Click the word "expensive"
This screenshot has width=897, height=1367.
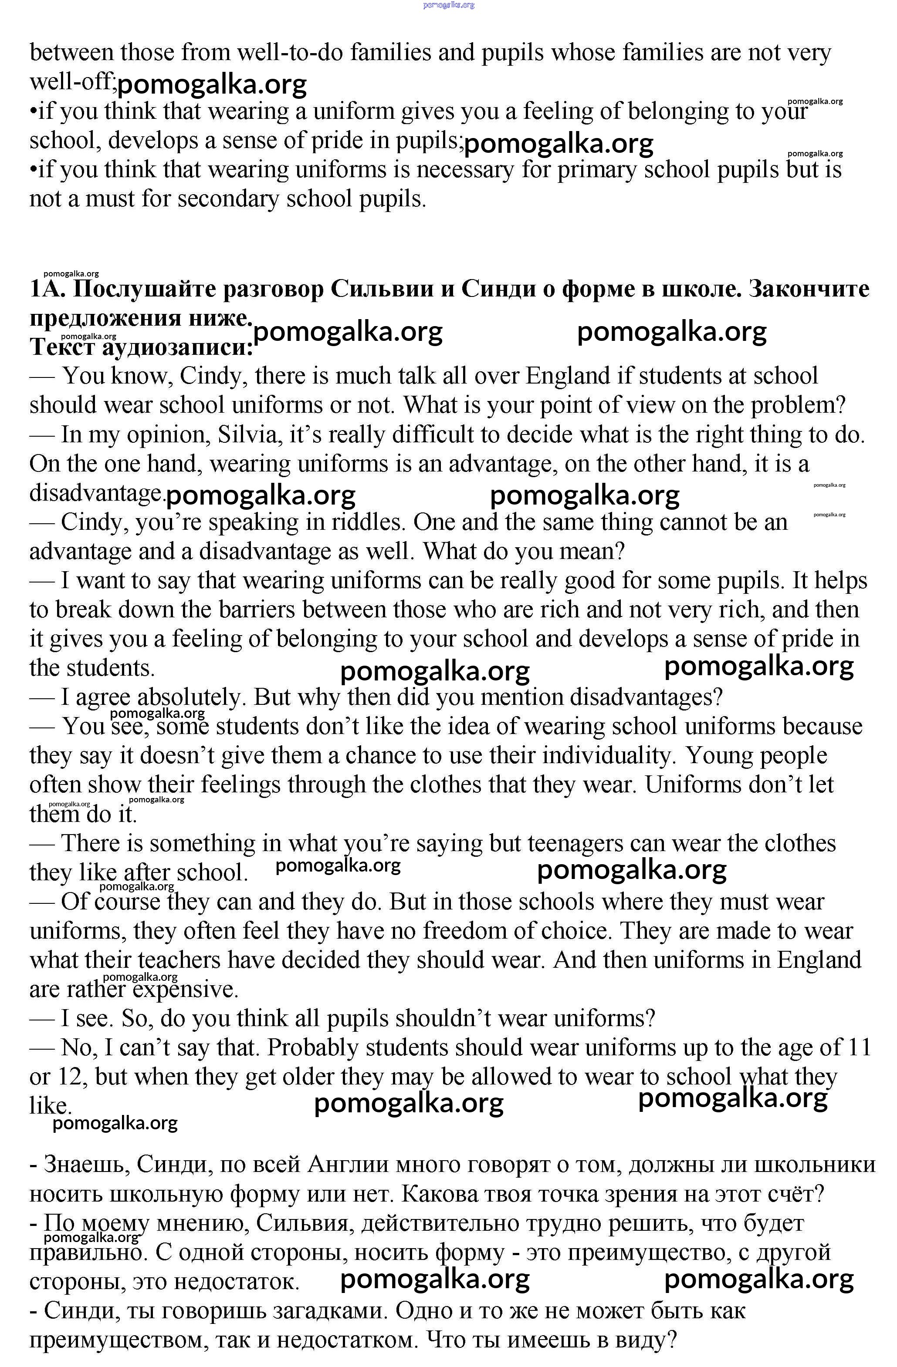pyautogui.click(x=185, y=990)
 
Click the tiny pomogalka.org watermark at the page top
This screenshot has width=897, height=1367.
pyautogui.click(x=448, y=5)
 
